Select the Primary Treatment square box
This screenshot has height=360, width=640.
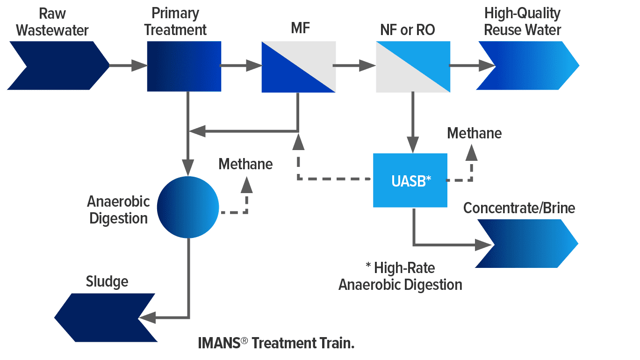[184, 66]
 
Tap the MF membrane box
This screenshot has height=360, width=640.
[298, 66]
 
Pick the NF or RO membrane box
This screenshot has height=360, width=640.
[413, 66]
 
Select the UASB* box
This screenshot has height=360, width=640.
[410, 180]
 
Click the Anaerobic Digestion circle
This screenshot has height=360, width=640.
[188, 207]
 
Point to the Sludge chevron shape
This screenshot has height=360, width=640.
[105, 318]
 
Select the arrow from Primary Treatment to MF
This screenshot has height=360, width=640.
[241, 66]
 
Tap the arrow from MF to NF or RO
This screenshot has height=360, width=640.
[354, 66]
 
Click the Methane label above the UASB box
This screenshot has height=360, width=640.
[474, 133]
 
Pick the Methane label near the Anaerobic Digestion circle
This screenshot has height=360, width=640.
[245, 164]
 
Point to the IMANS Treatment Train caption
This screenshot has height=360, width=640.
[276, 343]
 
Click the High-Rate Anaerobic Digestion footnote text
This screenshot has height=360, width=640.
[400, 276]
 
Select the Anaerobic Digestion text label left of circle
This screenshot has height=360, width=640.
[118, 210]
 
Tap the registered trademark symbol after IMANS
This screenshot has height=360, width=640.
[244, 342]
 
